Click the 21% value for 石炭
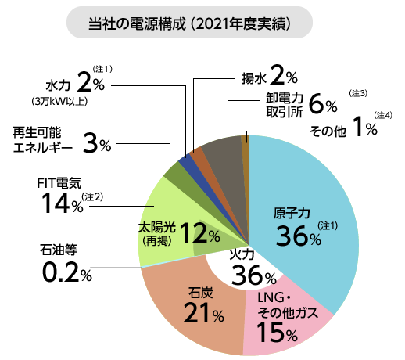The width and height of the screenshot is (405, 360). click(x=202, y=313)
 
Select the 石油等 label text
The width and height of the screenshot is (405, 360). click(x=58, y=251)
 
